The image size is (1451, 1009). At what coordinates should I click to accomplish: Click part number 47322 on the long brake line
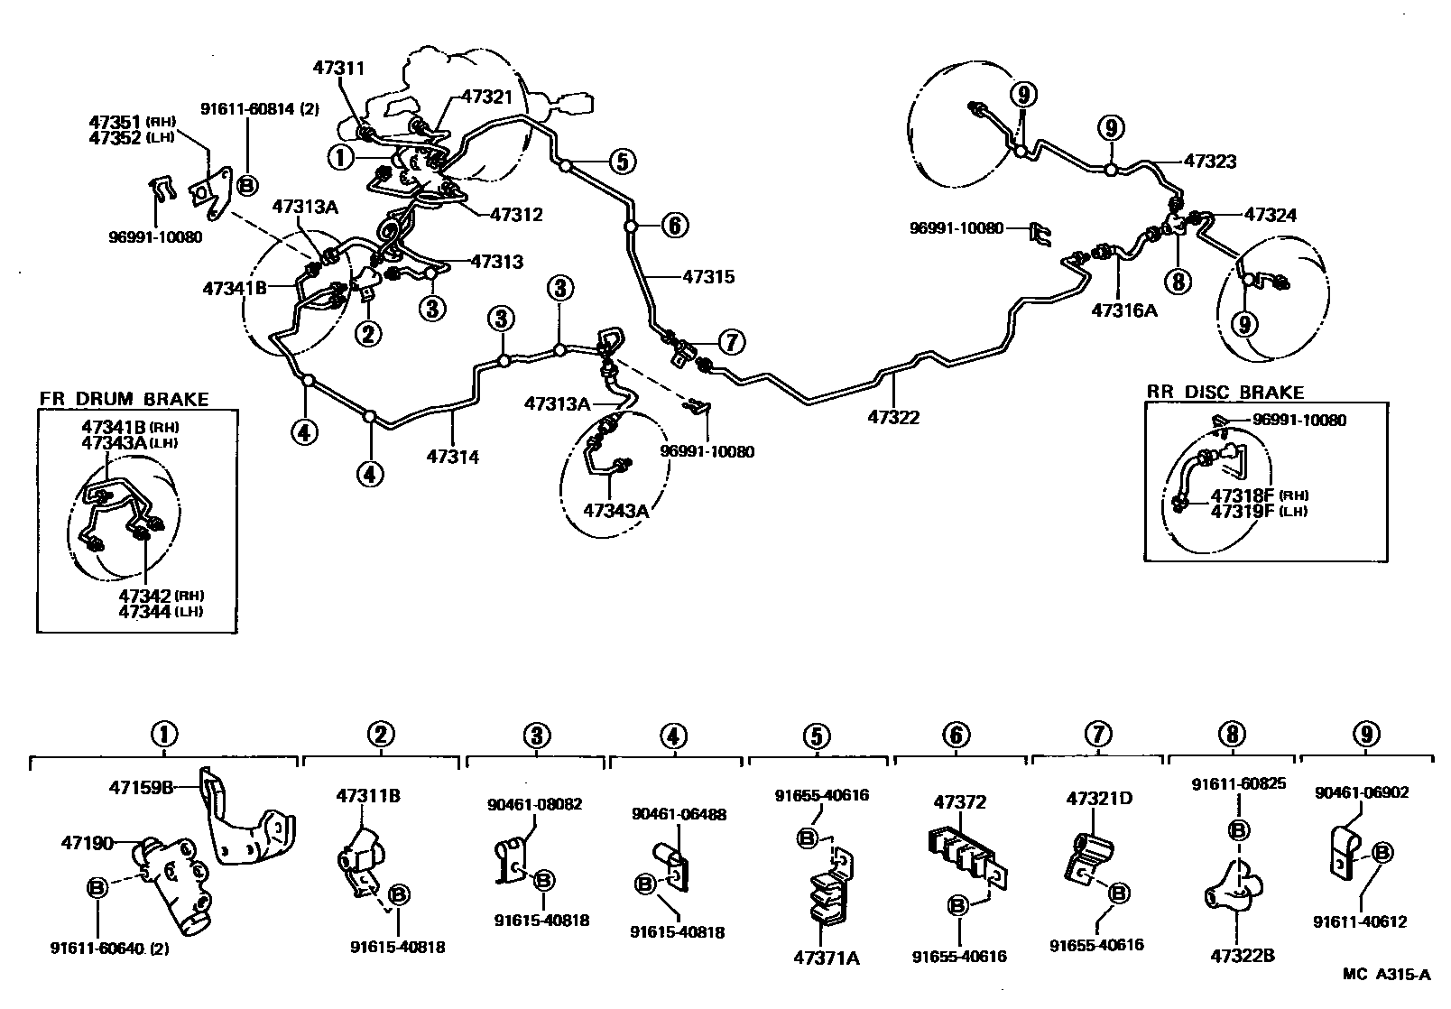pyautogui.click(x=893, y=417)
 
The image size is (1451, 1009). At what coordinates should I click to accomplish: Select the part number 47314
pyautogui.click(x=452, y=457)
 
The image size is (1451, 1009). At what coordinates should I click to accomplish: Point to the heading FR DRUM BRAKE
pyautogui.click(x=124, y=399)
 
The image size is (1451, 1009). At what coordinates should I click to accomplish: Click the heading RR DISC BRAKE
pyautogui.click(x=1225, y=393)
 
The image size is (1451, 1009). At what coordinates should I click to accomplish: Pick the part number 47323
pyautogui.click(x=1209, y=162)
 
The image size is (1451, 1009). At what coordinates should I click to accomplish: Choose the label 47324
pyautogui.click(x=1270, y=215)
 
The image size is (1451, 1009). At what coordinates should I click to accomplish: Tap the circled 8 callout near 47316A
pyautogui.click(x=1178, y=282)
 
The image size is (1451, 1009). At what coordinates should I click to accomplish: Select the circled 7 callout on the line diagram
pyautogui.click(x=731, y=342)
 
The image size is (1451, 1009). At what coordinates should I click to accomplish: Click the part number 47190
pyautogui.click(x=87, y=844)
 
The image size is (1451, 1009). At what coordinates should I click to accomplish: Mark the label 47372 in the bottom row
pyautogui.click(x=960, y=801)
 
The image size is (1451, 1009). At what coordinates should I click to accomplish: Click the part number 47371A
pyautogui.click(x=826, y=958)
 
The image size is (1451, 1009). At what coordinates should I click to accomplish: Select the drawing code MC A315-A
pyautogui.click(x=1386, y=974)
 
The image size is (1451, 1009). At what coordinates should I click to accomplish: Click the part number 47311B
pyautogui.click(x=368, y=796)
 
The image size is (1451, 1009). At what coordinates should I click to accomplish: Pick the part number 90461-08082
pyautogui.click(x=534, y=803)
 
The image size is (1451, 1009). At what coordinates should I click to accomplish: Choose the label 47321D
pyautogui.click(x=1099, y=799)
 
